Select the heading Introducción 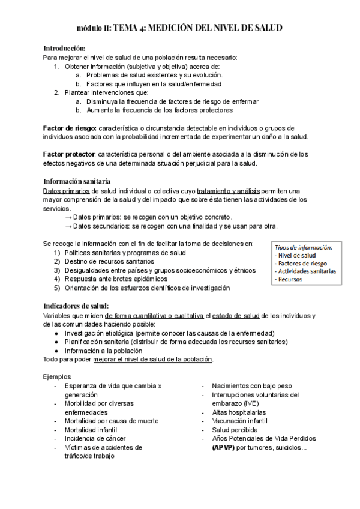pyautogui.click(x=64, y=48)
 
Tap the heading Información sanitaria pyautogui.click(x=77, y=181)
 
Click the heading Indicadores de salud pyautogui.click(x=76, y=306)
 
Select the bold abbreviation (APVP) pyautogui.click(x=223, y=447)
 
